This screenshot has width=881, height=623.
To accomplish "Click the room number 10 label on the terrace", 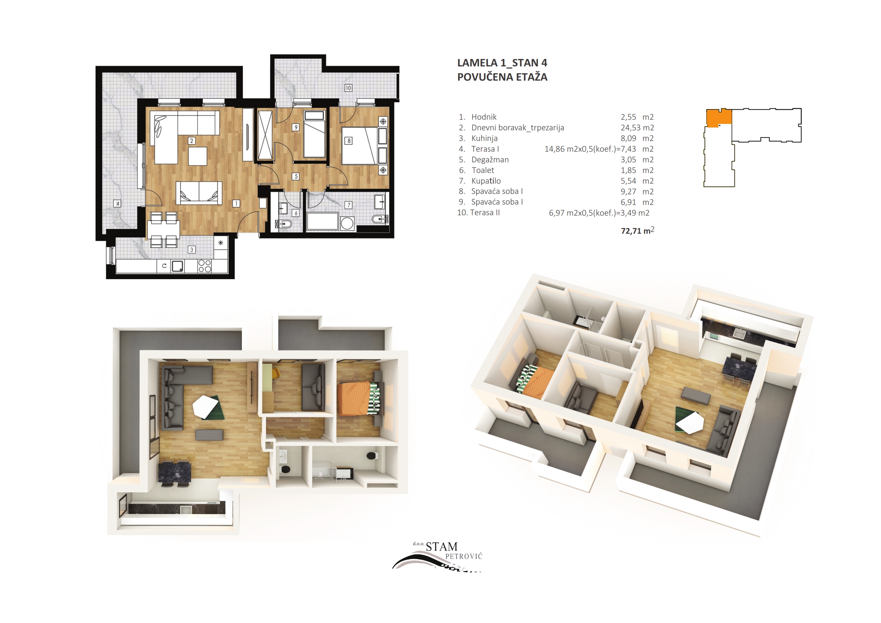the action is tap(348, 88).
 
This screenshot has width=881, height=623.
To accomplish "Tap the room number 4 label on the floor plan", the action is tap(118, 204).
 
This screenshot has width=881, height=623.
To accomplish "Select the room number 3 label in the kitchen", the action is tap(191, 249).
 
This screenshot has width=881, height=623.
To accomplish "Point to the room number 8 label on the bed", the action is tap(349, 141).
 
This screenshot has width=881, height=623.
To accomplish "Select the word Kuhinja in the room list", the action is tap(484, 138).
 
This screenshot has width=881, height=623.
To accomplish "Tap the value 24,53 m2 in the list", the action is tap(637, 128).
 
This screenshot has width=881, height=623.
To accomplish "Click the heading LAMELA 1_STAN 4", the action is tap(502, 63).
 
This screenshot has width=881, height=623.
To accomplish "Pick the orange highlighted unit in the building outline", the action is tap(718, 118).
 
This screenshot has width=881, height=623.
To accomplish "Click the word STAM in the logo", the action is tap(442, 547).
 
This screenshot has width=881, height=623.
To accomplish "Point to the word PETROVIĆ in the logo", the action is tap(463, 556).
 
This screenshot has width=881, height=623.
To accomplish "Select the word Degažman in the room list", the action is tap(490, 160).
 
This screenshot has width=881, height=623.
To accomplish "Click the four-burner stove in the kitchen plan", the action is tap(205, 266).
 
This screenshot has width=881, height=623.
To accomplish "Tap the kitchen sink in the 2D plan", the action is tap(178, 266).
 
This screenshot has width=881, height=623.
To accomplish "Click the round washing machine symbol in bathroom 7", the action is tap(347, 223).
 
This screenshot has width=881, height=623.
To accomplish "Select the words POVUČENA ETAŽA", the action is tap(502, 77).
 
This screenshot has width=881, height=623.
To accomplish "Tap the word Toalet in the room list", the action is tap(483, 170).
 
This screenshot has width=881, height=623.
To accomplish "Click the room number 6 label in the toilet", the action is tap(296, 213).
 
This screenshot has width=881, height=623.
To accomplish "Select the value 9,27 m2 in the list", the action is tap(637, 191).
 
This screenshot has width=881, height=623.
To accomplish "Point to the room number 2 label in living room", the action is tap(191, 141).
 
